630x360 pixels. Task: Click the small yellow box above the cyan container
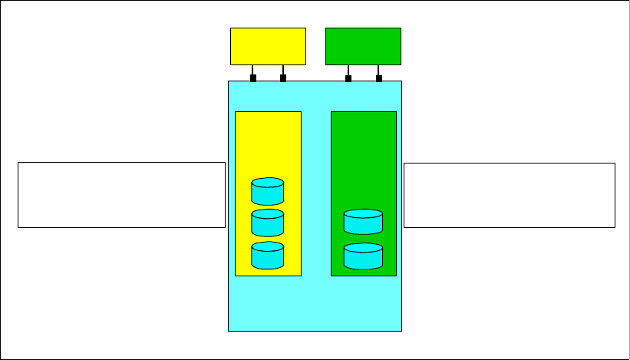tap(268, 46)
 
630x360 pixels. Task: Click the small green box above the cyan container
tap(363, 46)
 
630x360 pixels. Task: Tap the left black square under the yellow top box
tap(253, 78)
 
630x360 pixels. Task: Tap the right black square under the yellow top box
tap(283, 78)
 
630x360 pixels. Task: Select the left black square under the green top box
tap(348, 78)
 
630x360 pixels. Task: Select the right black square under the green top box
tap(378, 78)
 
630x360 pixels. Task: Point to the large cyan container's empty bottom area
tap(315, 304)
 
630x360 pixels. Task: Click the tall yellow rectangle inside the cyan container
tap(268, 146)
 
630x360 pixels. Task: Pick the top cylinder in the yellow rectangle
tap(267, 191)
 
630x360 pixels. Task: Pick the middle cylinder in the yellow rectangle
tap(267, 223)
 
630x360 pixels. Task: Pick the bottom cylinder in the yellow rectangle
tap(267, 255)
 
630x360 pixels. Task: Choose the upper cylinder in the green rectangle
tap(363, 221)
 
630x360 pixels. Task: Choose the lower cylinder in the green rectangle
tap(363, 256)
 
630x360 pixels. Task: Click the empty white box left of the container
tap(121, 194)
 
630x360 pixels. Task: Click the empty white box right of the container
tap(509, 194)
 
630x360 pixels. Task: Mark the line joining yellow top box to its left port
tap(253, 70)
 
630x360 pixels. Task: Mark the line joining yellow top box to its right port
tap(283, 70)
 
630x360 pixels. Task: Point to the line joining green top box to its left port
tap(348, 70)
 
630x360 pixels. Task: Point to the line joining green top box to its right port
tap(378, 70)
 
